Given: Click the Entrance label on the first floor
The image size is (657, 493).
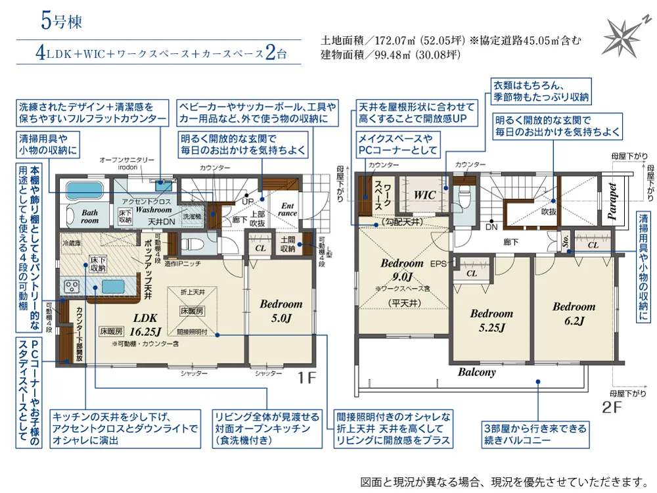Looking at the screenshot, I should pos(287,209).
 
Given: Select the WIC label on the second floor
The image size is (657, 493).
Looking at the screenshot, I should pos(425,195).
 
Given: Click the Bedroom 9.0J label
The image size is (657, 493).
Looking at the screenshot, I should pos(401,270).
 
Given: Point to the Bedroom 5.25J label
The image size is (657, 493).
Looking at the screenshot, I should pos(491,320).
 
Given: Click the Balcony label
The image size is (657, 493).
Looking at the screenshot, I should pos(477,372).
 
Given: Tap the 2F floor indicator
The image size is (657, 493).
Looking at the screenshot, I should pos(611,407).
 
